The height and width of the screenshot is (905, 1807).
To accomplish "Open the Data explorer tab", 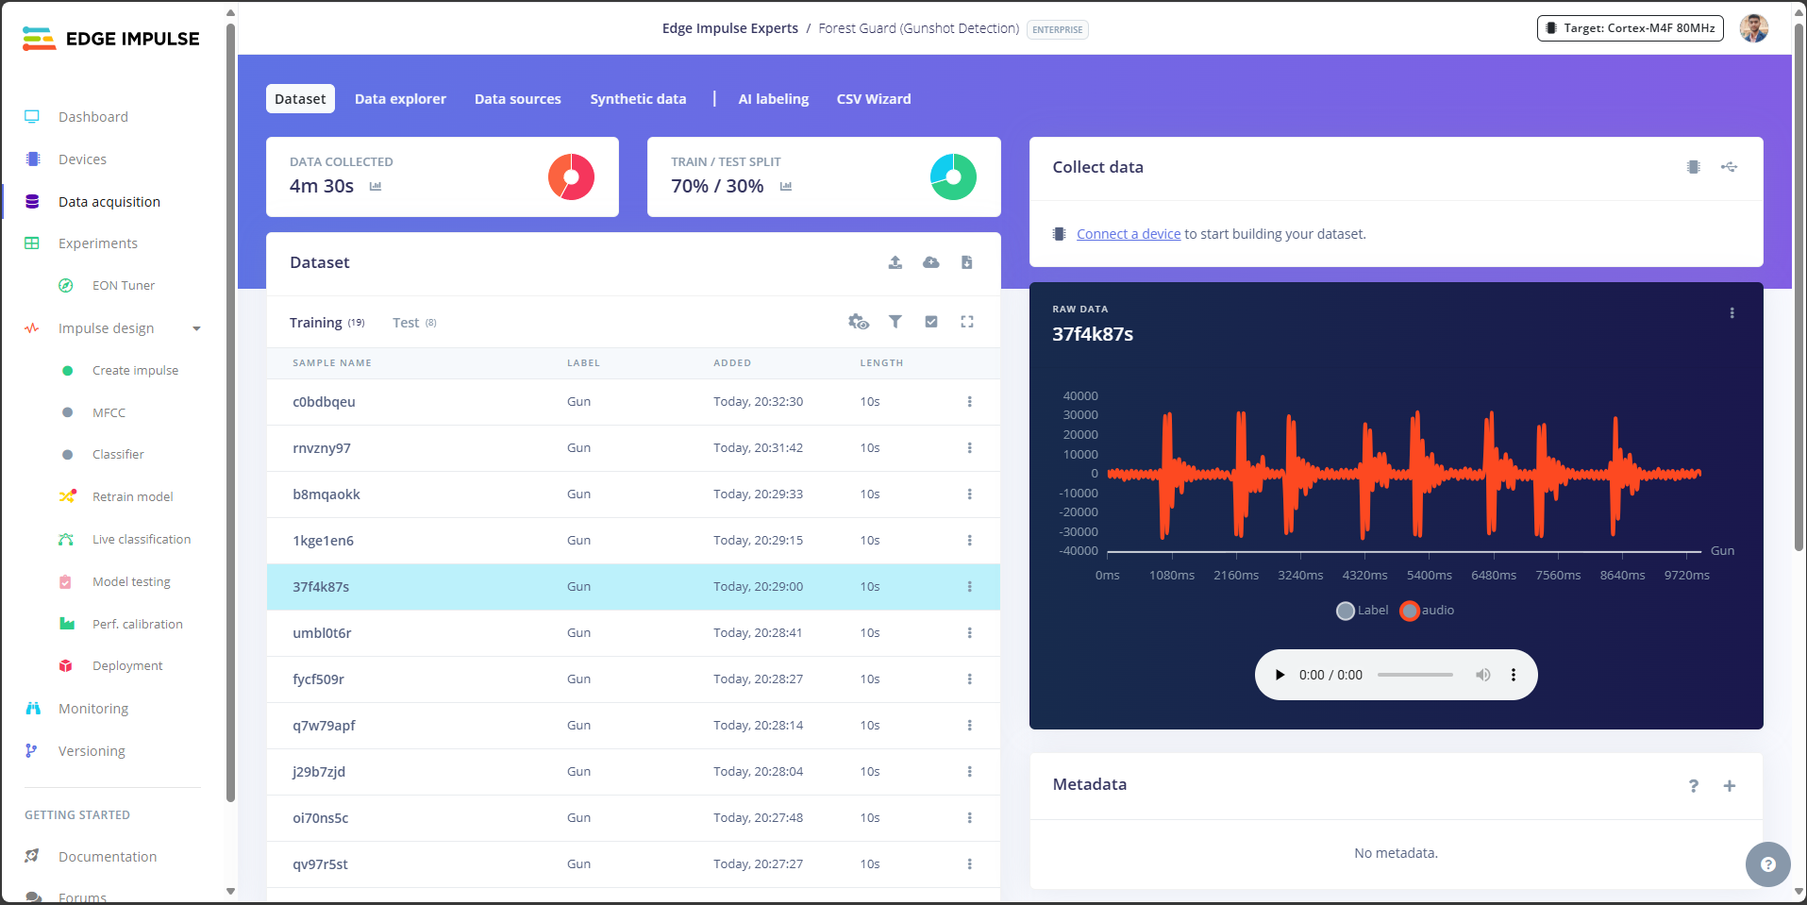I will tap(400, 99).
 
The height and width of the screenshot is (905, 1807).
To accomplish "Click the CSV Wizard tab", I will tap(873, 99).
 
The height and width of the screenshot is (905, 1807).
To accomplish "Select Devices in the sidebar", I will tap(82, 159).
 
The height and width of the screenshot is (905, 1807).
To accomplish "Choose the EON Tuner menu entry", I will tap(123, 286).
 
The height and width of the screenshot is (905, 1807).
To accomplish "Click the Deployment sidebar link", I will tap(127, 666).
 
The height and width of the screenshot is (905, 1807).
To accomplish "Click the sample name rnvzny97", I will tap(322, 448).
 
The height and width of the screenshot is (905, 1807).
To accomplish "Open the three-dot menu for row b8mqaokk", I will tap(969, 494).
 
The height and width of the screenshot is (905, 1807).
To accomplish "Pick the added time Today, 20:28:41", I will tap(758, 633).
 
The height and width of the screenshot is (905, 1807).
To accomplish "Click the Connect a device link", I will tap(1129, 234).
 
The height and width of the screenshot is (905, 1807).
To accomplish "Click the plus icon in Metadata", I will tap(1729, 786).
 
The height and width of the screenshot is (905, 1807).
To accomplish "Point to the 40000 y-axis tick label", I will tap(1080, 396).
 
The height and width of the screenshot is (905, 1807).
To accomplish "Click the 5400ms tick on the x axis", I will tap(1429, 576).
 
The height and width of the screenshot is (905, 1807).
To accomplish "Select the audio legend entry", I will tap(1428, 611).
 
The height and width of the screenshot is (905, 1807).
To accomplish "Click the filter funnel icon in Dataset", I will tap(895, 322).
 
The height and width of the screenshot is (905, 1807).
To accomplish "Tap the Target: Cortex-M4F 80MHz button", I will tap(1630, 28).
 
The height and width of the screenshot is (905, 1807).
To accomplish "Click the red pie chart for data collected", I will tap(571, 176).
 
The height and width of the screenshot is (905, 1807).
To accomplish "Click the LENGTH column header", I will tap(881, 363).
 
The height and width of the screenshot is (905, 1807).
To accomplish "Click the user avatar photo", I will tap(1753, 28).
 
